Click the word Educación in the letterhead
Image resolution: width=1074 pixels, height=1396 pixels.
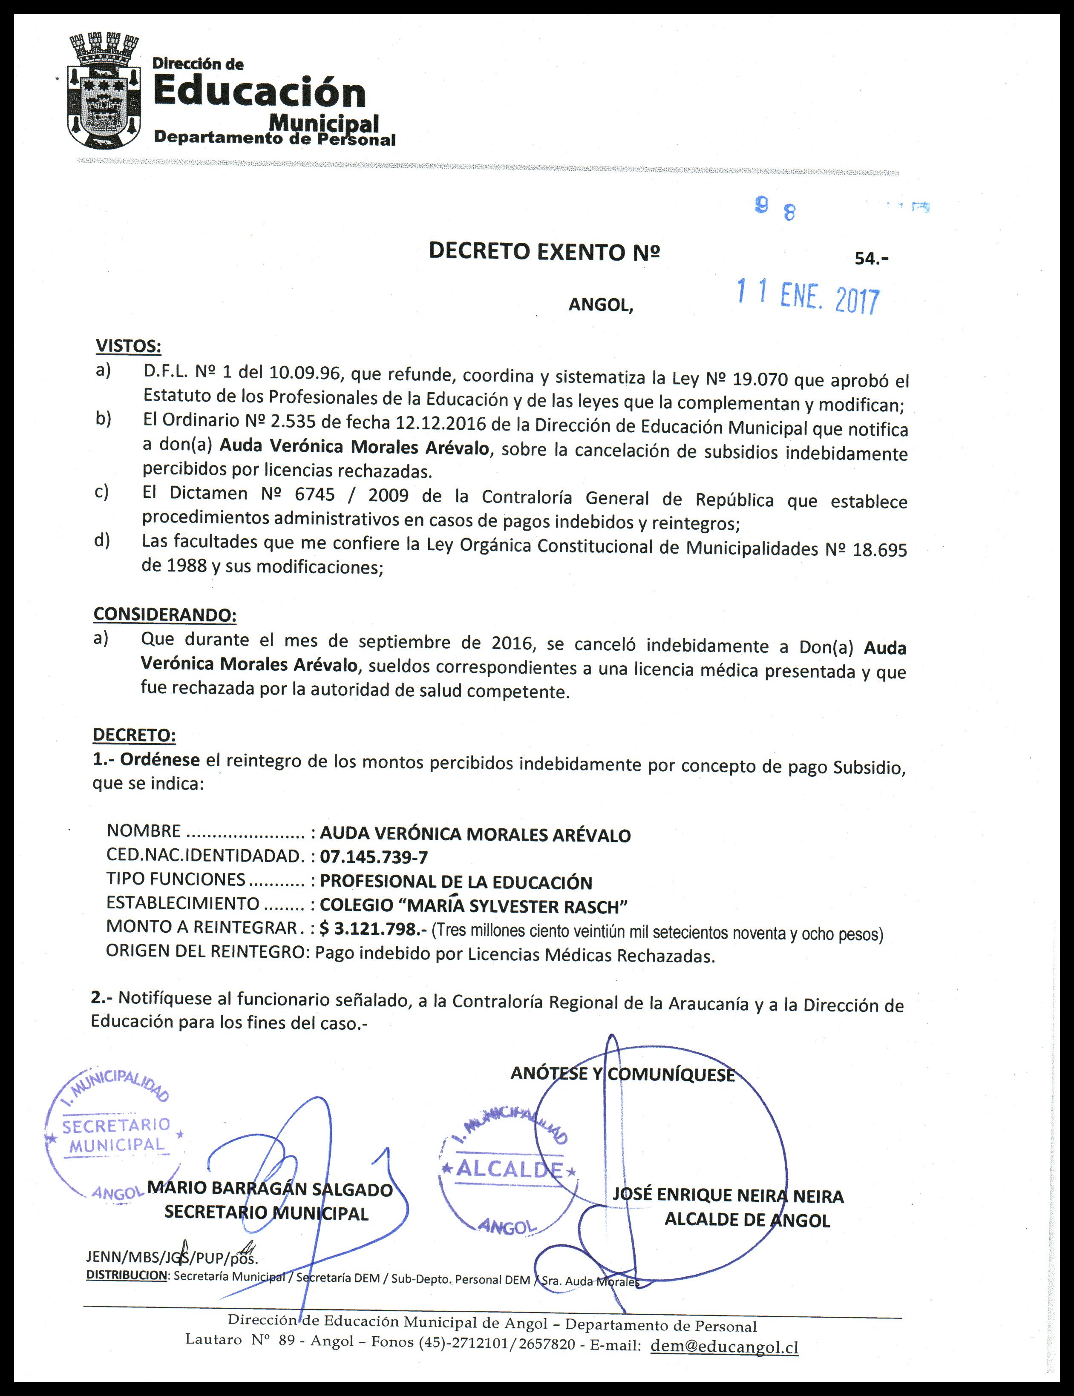point(259,93)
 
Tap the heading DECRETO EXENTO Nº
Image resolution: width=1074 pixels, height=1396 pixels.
point(544,252)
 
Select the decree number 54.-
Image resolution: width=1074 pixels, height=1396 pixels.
point(871,258)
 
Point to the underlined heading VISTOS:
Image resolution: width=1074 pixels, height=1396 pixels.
point(128,346)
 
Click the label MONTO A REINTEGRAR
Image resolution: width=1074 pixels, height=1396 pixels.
point(202,927)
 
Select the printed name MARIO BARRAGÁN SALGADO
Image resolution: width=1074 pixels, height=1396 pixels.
point(270,1189)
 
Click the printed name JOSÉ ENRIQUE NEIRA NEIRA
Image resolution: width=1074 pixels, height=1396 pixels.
point(728,1195)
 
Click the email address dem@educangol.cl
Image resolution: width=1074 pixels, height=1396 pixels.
point(724,1346)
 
